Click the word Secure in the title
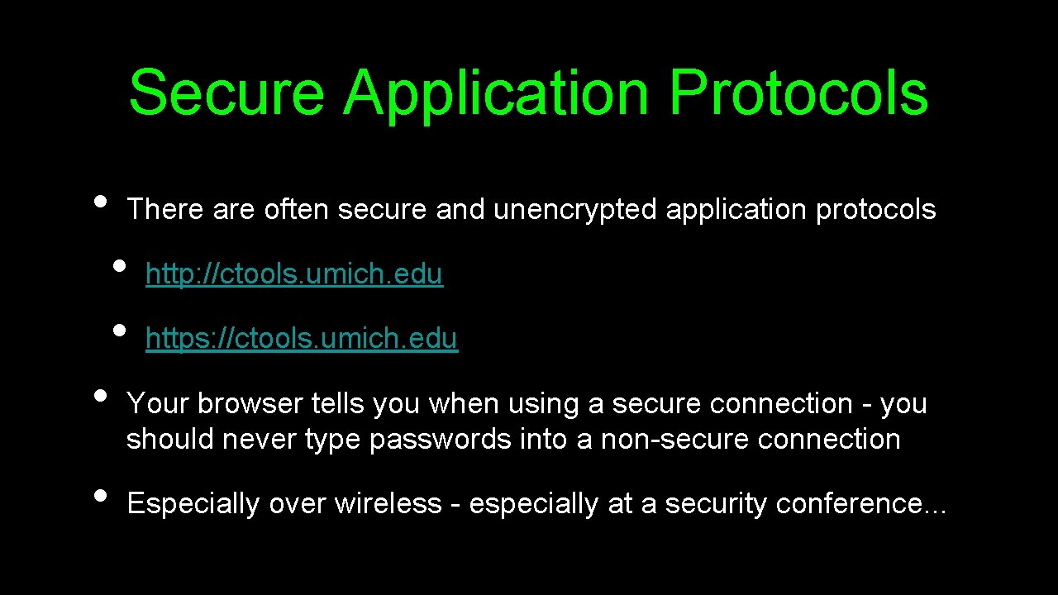[226, 93]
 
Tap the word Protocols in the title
[798, 93]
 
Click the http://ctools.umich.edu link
[294, 274]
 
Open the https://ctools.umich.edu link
[302, 339]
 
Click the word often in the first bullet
[298, 210]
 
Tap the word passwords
[441, 440]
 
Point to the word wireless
[388, 504]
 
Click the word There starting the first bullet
[165, 210]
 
